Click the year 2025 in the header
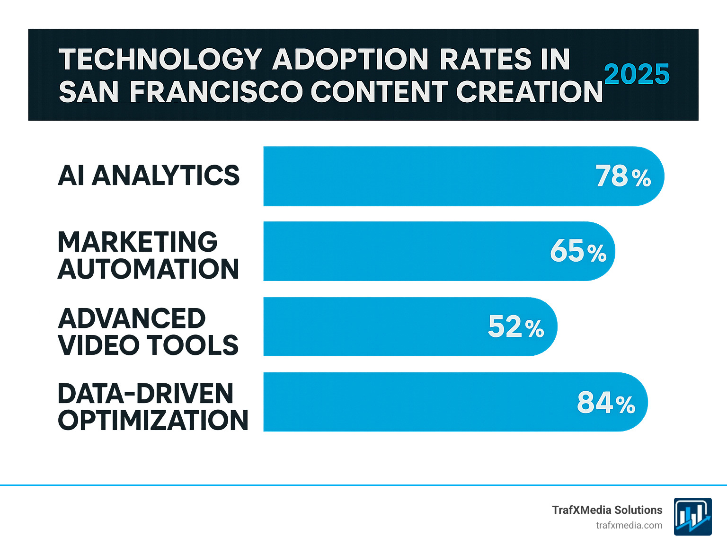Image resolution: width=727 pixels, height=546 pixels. tap(637, 74)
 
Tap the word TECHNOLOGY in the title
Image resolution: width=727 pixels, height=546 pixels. tap(160, 60)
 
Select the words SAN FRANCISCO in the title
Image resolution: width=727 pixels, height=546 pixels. tap(180, 91)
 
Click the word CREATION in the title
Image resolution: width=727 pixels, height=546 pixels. tap(529, 91)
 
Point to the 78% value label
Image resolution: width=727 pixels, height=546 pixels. tap(623, 176)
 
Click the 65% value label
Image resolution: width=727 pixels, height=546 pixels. tap(578, 251)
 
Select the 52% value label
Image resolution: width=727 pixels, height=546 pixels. tap(516, 327)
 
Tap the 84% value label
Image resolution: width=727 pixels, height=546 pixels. tap(606, 403)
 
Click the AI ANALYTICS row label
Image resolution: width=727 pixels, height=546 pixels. tap(149, 176)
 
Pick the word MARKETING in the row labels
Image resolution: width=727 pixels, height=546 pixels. tap(138, 242)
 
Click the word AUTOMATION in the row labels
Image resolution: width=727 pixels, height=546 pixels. tap(149, 269)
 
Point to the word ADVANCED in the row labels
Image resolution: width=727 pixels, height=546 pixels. tap(132, 318)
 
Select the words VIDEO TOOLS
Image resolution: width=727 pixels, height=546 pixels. tap(148, 345)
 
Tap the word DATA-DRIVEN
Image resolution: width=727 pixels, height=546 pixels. tap(146, 394)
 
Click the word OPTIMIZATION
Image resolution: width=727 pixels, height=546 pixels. tap(153, 420)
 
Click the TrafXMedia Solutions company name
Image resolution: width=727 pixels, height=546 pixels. tap(607, 510)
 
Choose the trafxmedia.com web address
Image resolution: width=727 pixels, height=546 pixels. tap(629, 525)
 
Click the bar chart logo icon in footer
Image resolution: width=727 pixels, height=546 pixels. tap(692, 517)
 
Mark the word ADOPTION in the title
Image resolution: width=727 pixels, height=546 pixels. tap(350, 60)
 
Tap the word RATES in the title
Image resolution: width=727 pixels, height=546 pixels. tap(486, 60)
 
